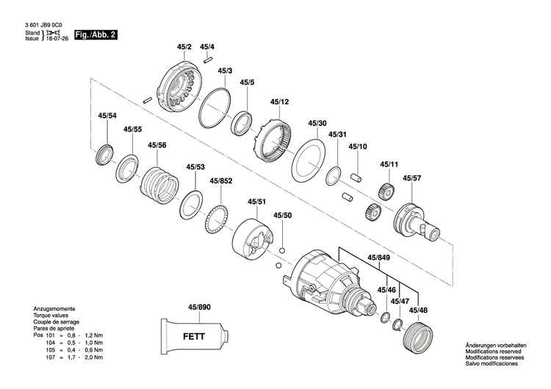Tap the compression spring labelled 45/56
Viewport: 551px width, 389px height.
click(159, 183)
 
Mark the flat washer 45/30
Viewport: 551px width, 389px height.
click(309, 160)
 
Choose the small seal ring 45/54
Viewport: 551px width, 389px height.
click(104, 156)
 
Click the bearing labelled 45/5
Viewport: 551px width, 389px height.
click(243, 122)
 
